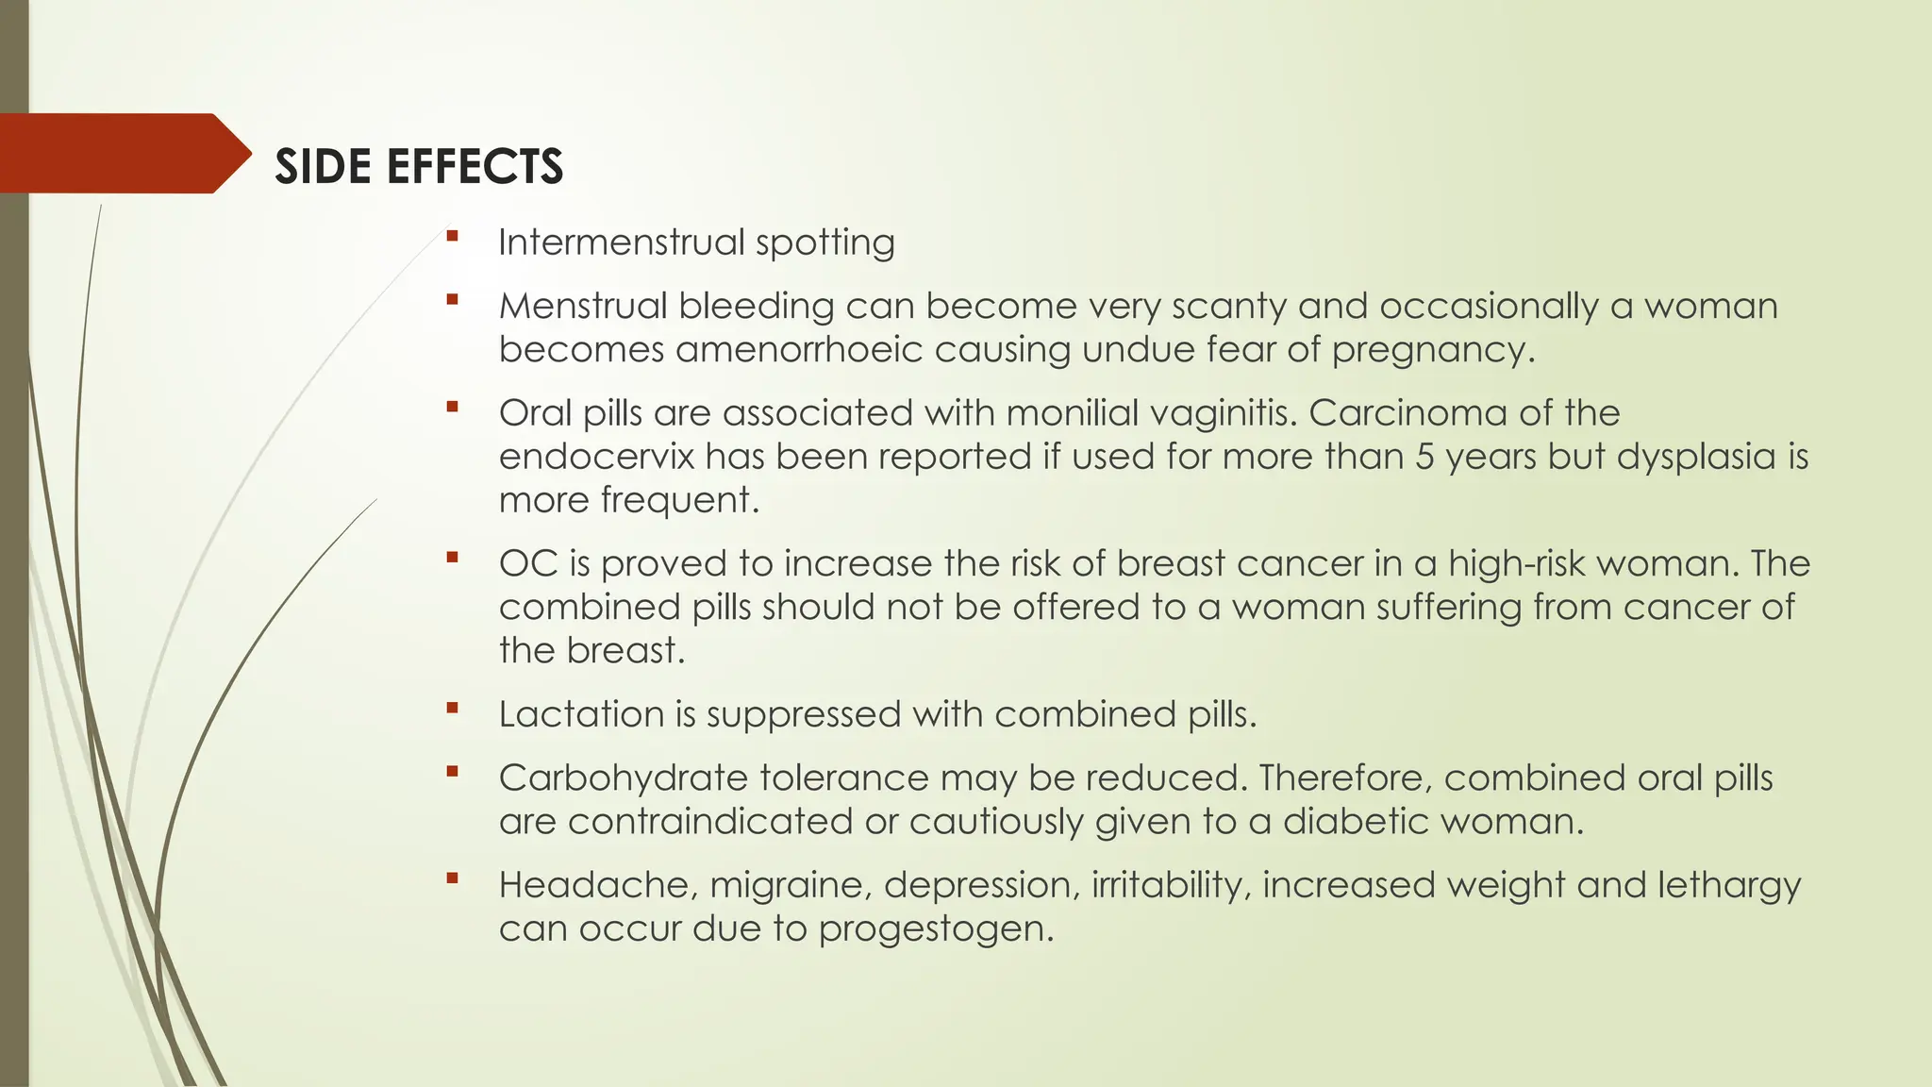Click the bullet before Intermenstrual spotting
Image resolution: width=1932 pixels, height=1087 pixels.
click(453, 236)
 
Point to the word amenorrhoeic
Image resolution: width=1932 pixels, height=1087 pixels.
click(798, 350)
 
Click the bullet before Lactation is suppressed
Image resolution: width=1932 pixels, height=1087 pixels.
click(453, 708)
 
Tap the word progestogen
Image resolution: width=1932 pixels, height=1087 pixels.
click(934, 929)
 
